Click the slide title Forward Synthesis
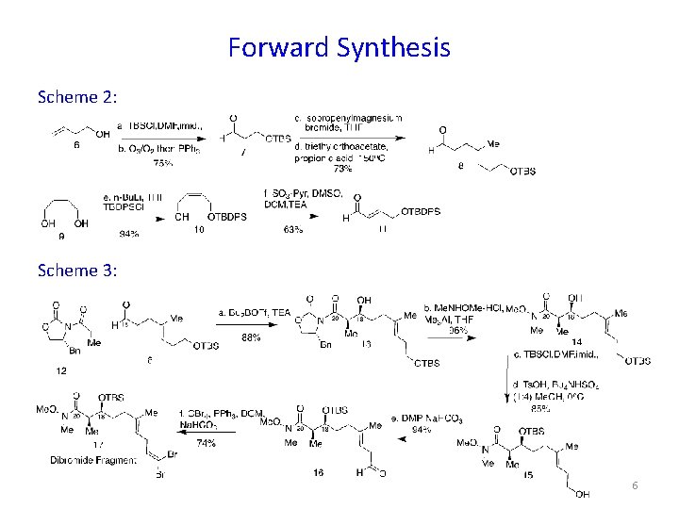tap(339, 47)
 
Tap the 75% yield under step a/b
tap(163, 163)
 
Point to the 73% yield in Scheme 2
tap(341, 169)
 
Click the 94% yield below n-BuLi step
tap(128, 233)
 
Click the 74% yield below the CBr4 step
tap(206, 442)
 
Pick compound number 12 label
tap(61, 370)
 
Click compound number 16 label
tap(318, 472)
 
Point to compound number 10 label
tap(199, 229)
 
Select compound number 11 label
tap(382, 229)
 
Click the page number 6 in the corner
tap(635, 484)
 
